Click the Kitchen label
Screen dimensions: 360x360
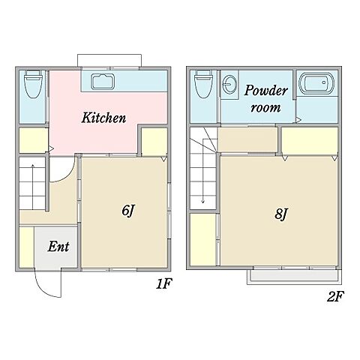(x=103, y=118)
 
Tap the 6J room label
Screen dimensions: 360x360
(x=128, y=211)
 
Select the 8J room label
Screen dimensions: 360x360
(x=280, y=214)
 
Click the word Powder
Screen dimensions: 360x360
(x=266, y=90)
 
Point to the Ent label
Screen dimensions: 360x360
(x=58, y=247)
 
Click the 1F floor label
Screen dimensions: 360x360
(x=164, y=283)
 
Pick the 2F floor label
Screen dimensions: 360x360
(x=335, y=297)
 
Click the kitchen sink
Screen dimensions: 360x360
(x=103, y=82)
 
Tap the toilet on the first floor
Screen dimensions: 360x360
(x=33, y=84)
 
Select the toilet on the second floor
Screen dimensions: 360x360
(x=204, y=84)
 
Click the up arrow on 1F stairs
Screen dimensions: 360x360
(x=32, y=187)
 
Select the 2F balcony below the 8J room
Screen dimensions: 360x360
(x=294, y=277)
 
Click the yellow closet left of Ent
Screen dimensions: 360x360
(x=26, y=247)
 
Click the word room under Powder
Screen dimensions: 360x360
(x=265, y=108)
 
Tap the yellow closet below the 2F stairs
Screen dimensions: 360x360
(x=202, y=239)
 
